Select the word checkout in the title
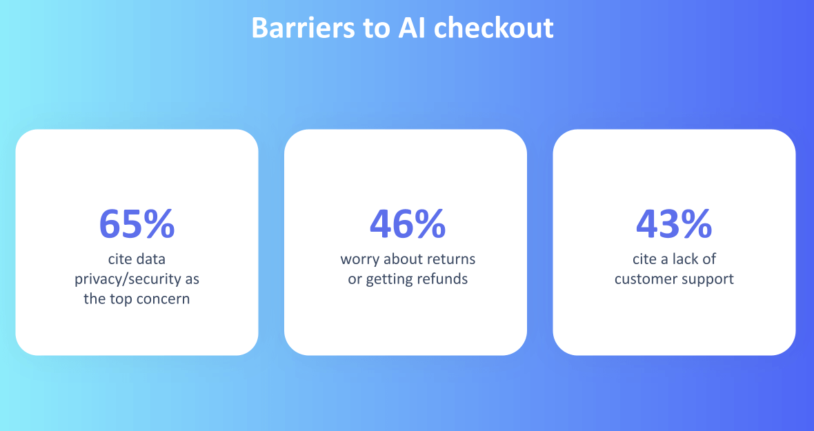[494, 28]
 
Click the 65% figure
[137, 224]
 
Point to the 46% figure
[408, 224]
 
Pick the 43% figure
[674, 224]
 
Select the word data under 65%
[151, 259]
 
